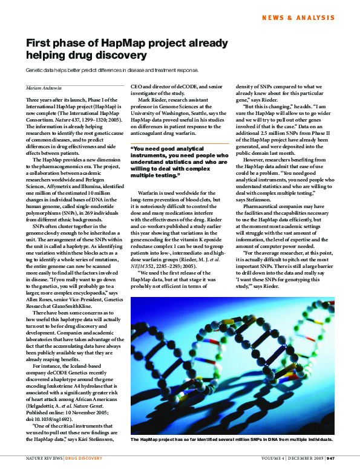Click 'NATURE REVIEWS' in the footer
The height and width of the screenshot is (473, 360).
[44, 458]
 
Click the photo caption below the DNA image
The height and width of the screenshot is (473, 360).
[232, 439]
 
